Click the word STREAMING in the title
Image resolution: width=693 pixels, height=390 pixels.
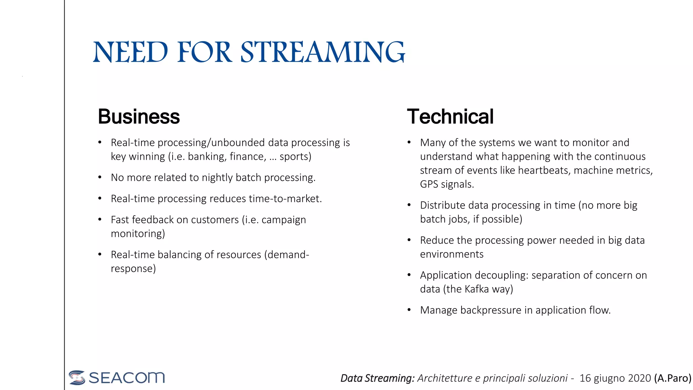point(322,52)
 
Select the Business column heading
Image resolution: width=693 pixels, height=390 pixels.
point(139,117)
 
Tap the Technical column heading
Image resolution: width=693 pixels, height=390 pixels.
point(450,117)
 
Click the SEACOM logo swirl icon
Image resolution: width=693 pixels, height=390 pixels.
point(77,377)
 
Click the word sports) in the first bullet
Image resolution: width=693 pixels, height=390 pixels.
point(295,157)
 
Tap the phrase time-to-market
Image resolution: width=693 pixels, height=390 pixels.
point(285,199)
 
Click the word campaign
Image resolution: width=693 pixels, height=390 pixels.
point(284,220)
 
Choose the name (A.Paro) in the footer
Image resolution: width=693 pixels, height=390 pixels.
point(673,378)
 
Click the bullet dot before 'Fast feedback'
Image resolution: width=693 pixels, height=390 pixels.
point(100,220)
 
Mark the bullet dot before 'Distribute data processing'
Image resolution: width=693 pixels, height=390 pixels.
point(409,205)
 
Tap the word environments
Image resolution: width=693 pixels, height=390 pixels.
point(452,255)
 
